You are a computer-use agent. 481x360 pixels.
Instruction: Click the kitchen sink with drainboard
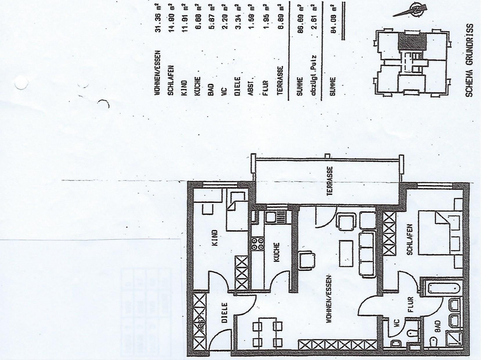pyautogui.click(x=277, y=217)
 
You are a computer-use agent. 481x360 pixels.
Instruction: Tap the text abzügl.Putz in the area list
pyautogui.click(x=314, y=70)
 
